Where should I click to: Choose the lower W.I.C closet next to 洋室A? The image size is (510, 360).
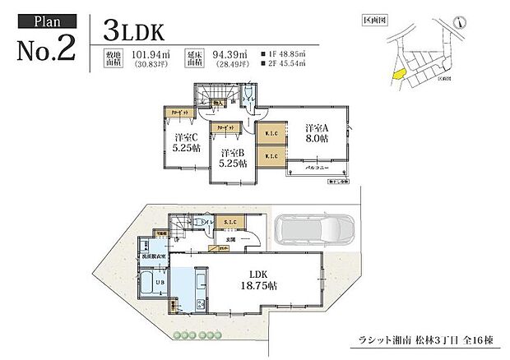point(271,155)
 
